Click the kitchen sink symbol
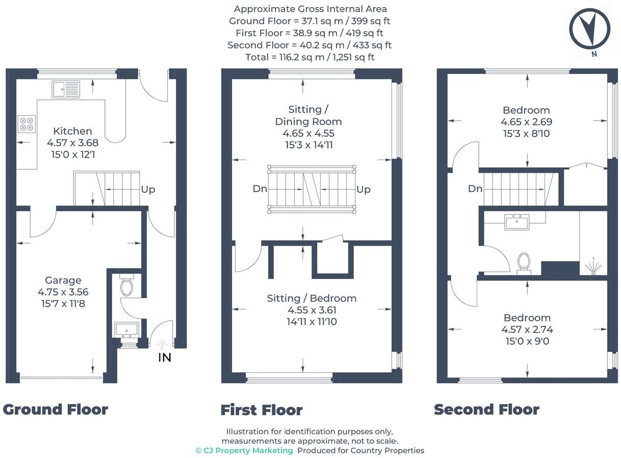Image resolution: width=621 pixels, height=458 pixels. (66, 89)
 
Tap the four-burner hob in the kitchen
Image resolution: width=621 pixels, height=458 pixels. (27, 124)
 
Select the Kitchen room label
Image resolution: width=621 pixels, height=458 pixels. (72, 131)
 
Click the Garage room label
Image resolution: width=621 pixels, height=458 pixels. (63, 280)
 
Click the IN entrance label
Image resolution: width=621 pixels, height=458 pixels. (164, 358)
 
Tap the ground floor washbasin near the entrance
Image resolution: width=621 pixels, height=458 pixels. (126, 330)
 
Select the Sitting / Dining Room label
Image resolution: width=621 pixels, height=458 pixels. (308, 115)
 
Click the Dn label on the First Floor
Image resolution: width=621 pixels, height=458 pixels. (260, 189)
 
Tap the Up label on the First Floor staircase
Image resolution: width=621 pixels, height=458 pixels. (364, 190)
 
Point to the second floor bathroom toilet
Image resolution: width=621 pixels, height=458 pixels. (524, 262)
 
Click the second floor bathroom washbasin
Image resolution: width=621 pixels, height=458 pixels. (516, 222)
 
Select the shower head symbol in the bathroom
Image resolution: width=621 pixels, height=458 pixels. (593, 267)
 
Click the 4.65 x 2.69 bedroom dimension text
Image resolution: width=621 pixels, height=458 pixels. (526, 122)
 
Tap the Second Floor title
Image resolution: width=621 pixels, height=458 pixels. (486, 410)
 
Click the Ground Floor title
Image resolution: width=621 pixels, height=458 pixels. (55, 410)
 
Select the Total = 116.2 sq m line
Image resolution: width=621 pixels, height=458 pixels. (309, 57)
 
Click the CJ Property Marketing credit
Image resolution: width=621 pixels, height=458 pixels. (244, 450)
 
